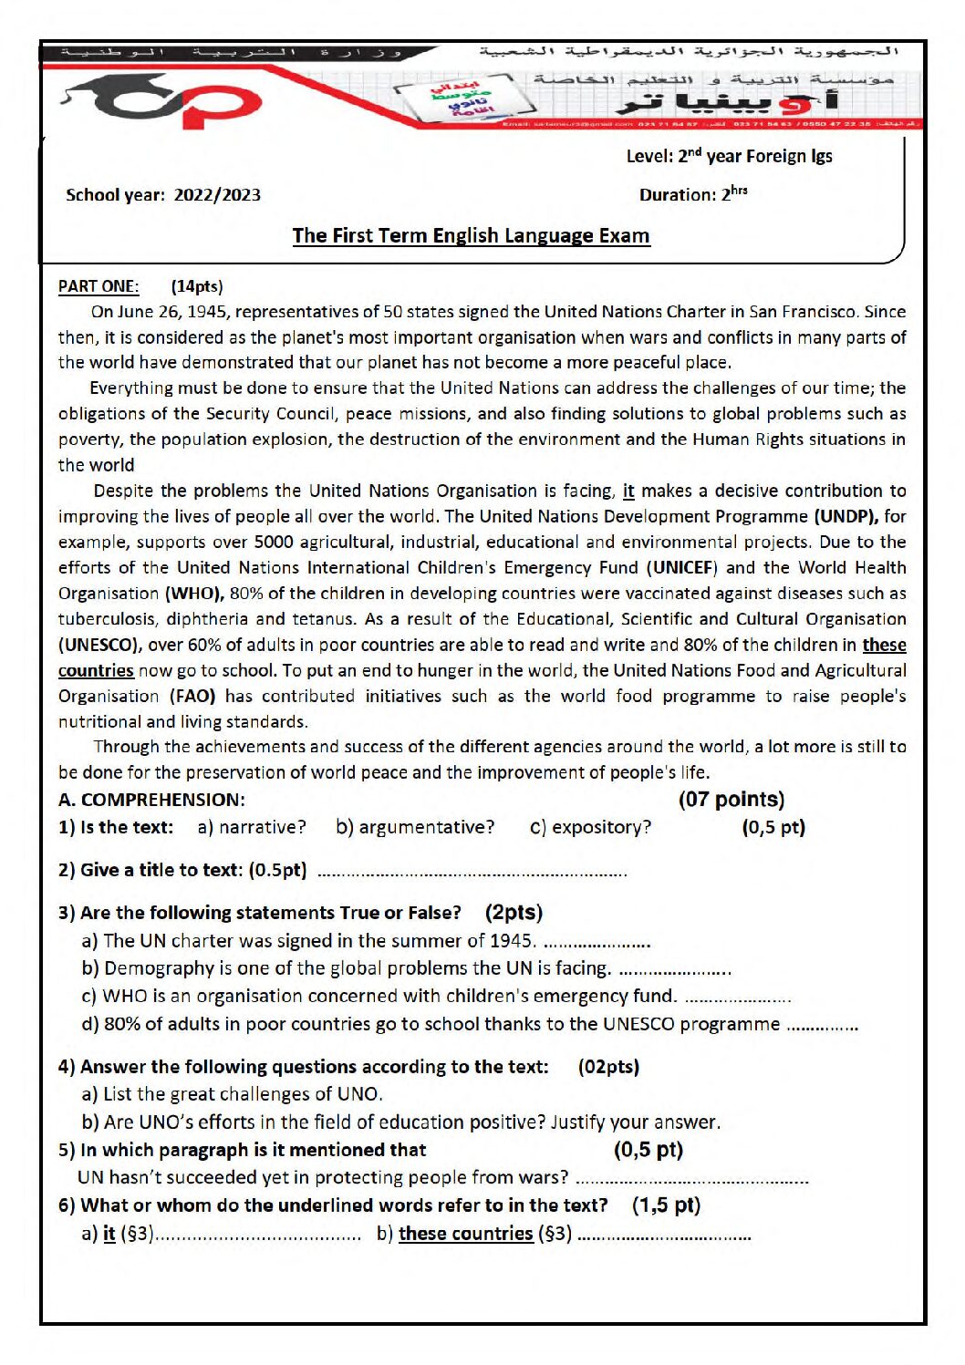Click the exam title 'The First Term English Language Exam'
471,235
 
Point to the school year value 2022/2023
217,195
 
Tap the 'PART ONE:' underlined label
99,286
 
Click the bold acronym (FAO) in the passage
192,696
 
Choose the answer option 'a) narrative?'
252,827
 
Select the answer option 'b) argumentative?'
415,827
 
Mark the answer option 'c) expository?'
591,827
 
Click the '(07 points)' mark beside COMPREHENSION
731,800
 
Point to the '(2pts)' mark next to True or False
514,913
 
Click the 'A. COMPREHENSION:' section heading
151,800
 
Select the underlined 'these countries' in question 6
465,1234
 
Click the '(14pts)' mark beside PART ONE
197,286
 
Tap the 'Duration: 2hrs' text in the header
693,194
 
